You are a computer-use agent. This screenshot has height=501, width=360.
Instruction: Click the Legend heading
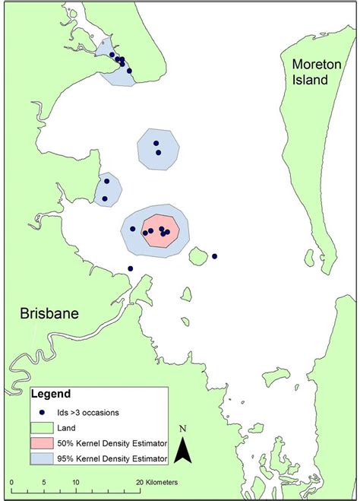pos(51,395)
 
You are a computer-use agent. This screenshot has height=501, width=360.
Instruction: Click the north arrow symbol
pos(182,450)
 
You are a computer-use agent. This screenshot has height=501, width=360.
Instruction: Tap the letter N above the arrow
pos(182,430)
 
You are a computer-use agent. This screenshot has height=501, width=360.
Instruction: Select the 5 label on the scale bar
pos(44,483)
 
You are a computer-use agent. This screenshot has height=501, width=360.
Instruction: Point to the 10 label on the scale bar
pos(76,483)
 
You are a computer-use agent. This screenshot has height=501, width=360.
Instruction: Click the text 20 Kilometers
pos(158,483)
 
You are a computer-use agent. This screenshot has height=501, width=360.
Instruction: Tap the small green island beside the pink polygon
pos(198,256)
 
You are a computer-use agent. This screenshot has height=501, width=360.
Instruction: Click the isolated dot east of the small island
pos(215,256)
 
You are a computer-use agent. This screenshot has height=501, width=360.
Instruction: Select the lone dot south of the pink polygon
pos(131,268)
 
